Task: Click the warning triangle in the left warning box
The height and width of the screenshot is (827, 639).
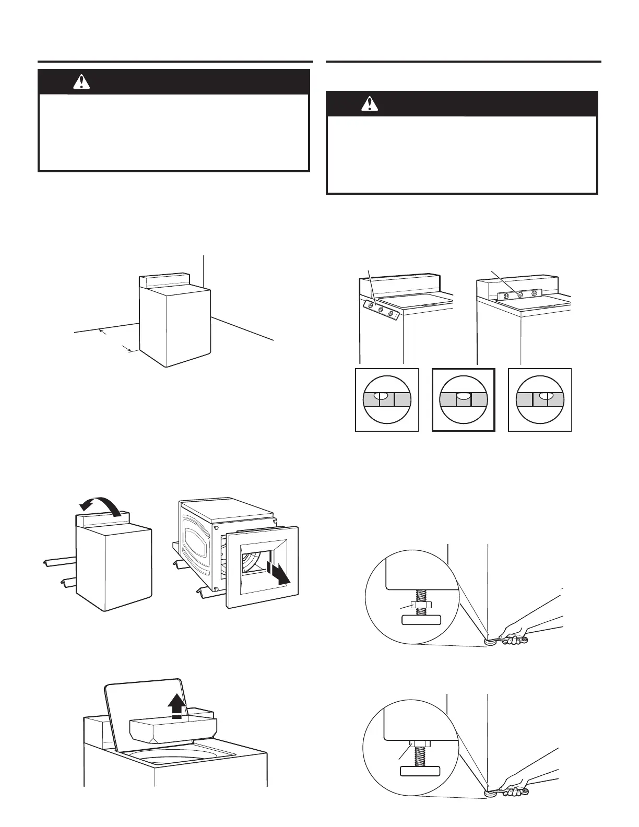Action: pos(81,81)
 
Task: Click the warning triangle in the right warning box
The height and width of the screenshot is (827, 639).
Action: pos(369,104)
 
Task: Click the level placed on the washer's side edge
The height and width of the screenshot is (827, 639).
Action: pos(380,310)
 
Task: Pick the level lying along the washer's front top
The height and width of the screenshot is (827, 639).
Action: pos(520,294)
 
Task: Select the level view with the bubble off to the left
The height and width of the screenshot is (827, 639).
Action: pos(387,399)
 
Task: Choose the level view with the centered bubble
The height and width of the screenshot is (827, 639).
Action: pos(464,399)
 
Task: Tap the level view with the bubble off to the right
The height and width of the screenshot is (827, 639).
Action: pos(540,399)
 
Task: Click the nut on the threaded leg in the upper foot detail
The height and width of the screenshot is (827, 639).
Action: pos(420,605)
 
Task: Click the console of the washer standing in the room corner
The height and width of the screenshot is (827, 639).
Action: pos(163,281)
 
